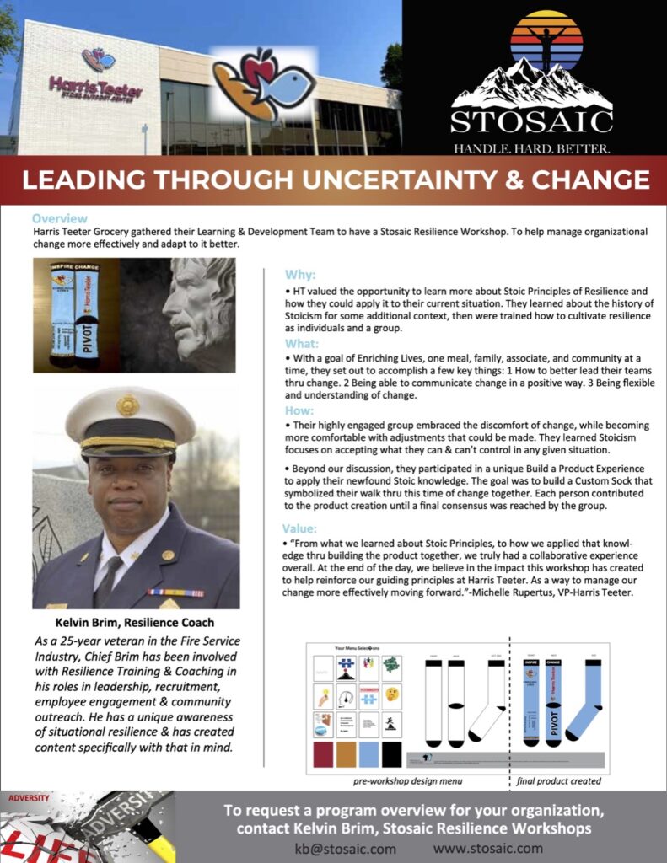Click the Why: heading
[301, 275]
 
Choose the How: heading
[301, 412]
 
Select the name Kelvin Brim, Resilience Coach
[135, 623]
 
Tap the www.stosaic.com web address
[488, 849]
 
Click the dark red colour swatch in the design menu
[323, 754]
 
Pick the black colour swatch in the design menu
[391, 754]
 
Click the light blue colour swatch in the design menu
[368, 754]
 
